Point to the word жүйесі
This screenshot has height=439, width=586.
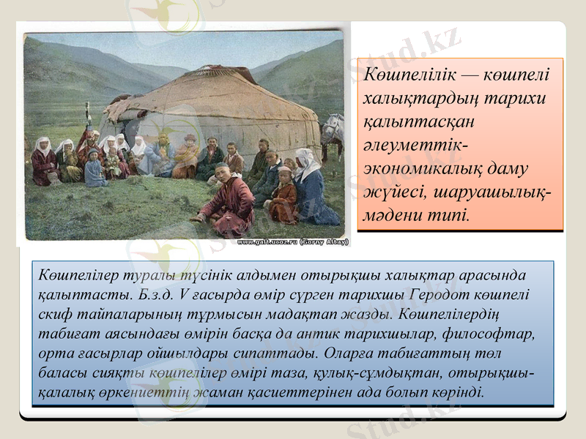point(390,193)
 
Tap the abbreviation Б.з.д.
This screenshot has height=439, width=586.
point(155,297)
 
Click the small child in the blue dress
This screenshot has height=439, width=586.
point(94,170)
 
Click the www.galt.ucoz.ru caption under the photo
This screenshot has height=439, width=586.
point(292,241)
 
